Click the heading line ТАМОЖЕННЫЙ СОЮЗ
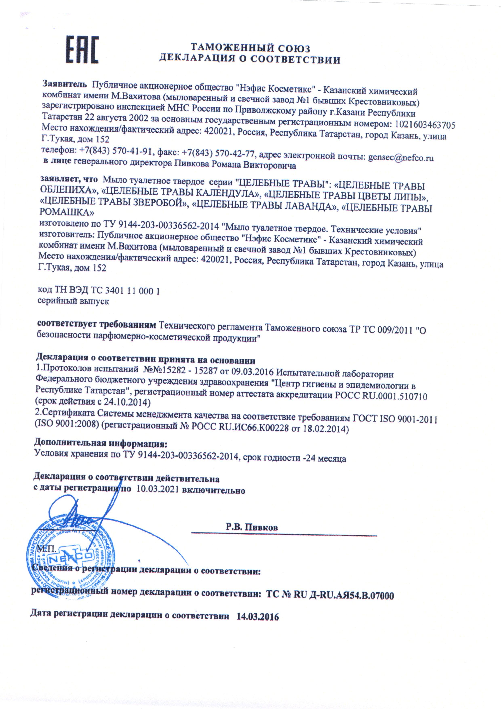(x=250, y=48)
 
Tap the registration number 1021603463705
(x=423, y=125)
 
